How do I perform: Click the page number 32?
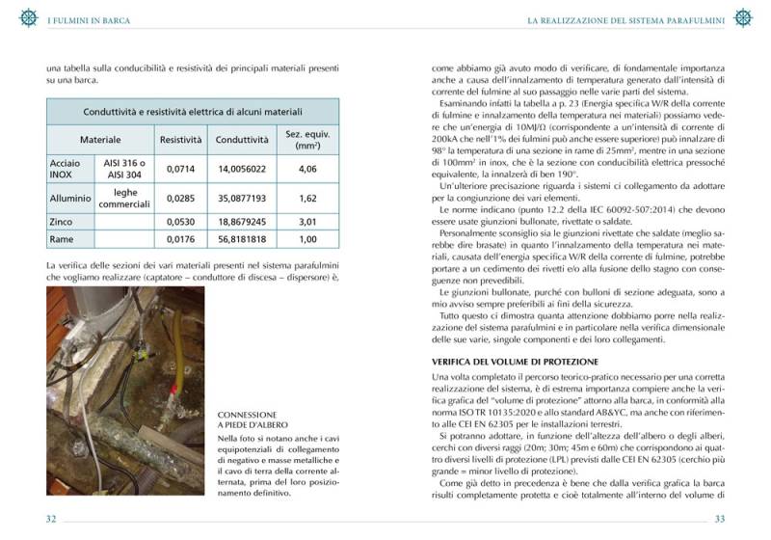coord(52,519)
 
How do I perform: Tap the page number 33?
coord(718,519)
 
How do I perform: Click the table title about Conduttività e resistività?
coord(193,112)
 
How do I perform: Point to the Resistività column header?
coord(180,140)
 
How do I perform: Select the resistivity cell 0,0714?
coord(180,169)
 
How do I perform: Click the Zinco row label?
coord(63,221)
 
